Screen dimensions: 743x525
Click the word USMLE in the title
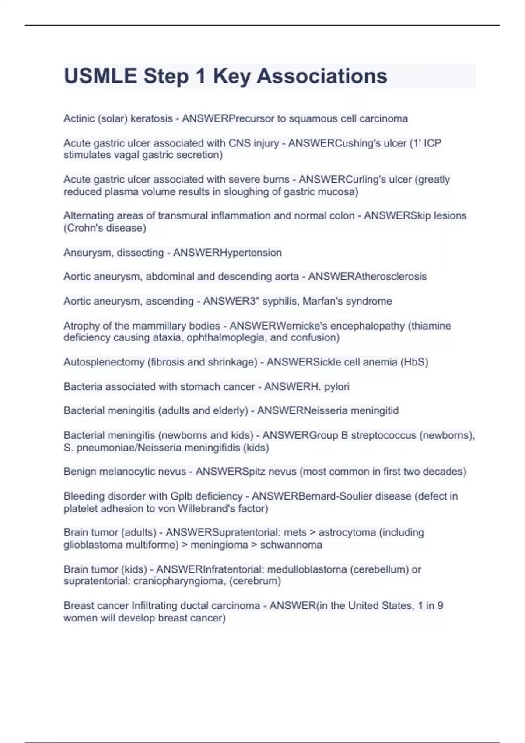(x=100, y=76)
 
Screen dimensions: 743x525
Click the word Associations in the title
(x=322, y=76)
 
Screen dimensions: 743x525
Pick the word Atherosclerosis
(x=391, y=277)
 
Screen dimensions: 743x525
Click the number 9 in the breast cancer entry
(x=440, y=606)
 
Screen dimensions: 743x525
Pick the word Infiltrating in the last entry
(x=158, y=606)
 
